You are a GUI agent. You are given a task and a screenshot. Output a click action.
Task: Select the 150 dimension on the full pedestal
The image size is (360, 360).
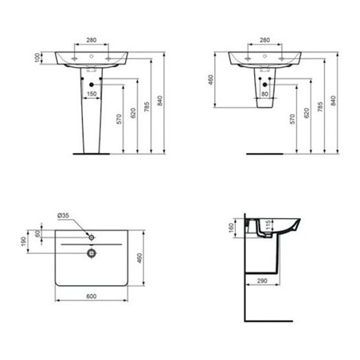tap(92, 93)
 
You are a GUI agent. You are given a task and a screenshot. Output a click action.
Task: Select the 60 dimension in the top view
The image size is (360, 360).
tap(37, 237)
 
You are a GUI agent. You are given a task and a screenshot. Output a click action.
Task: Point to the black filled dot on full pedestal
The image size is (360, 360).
tap(92, 84)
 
